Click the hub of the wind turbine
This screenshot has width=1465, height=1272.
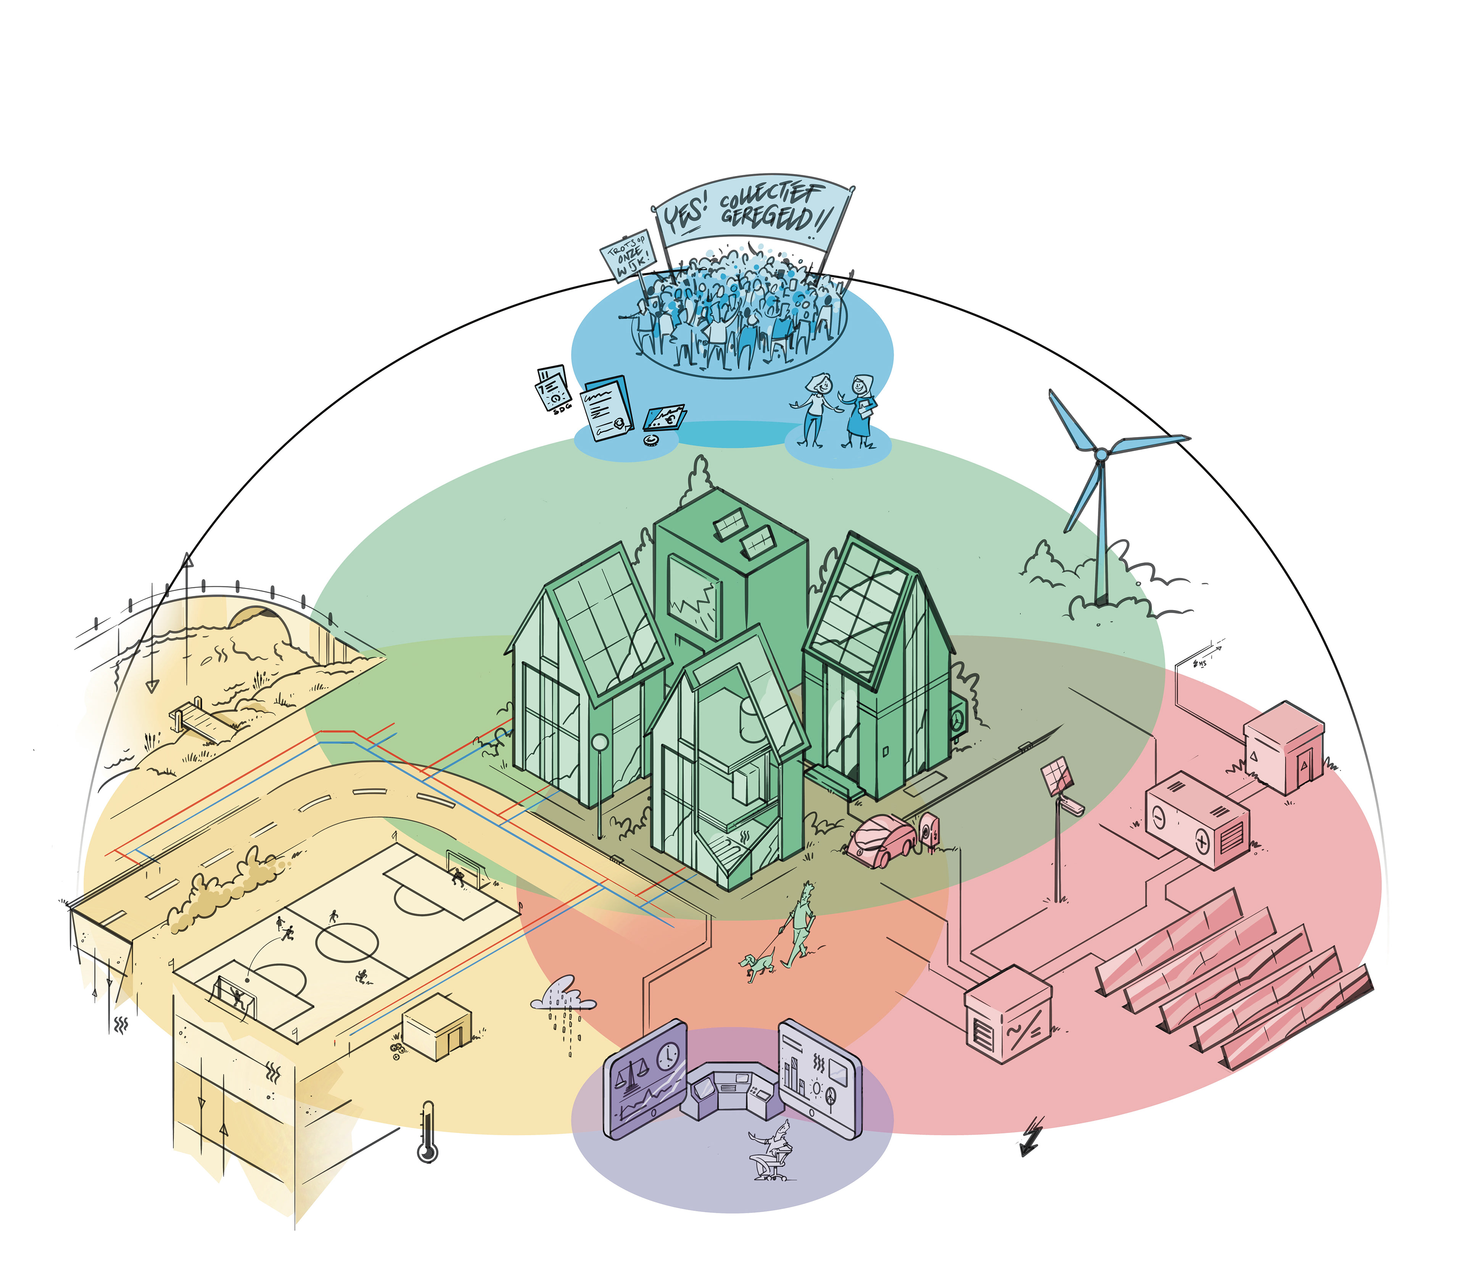(1100, 454)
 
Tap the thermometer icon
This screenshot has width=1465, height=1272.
(427, 1132)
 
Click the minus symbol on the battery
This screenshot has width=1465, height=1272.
(1158, 817)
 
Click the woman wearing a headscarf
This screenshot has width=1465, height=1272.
(860, 410)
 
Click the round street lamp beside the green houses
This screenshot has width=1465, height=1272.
(599, 743)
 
